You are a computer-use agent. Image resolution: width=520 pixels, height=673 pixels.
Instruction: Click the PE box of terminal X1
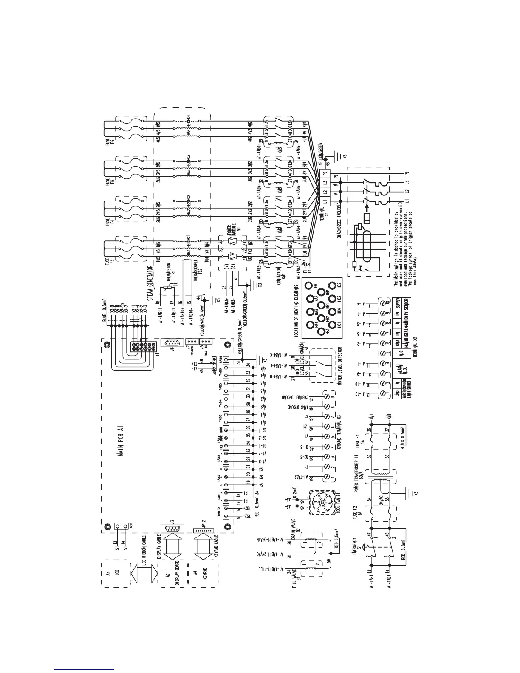pyautogui.click(x=325, y=174)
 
